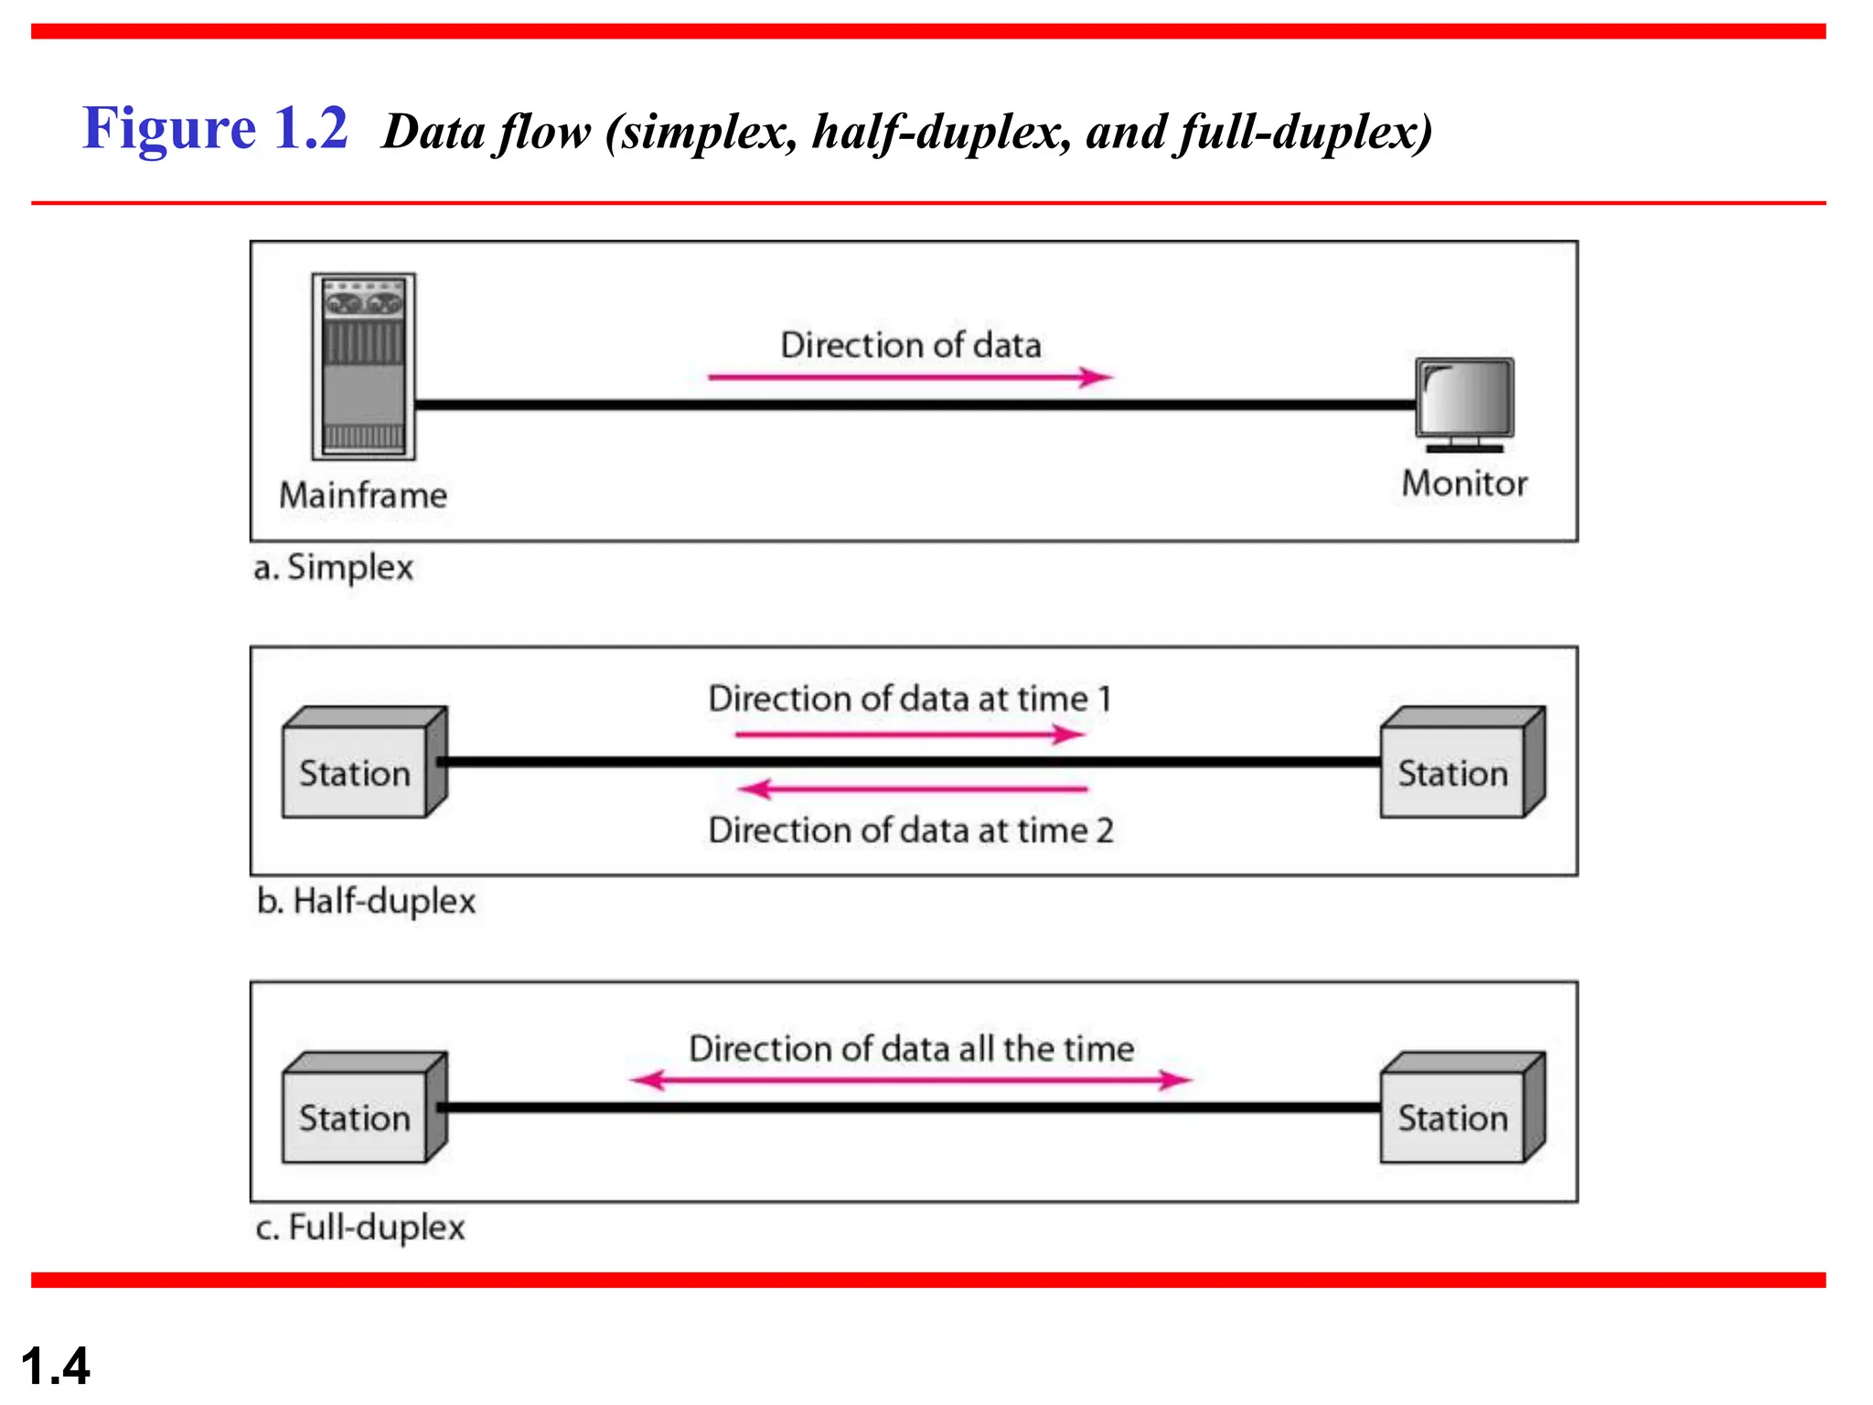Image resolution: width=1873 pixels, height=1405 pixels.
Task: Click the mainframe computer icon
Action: (x=363, y=366)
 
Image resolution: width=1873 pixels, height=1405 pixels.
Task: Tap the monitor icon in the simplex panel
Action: (x=1464, y=402)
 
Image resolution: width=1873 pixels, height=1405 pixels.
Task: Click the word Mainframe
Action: (x=363, y=496)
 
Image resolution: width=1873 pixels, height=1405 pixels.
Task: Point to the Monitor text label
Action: (x=1464, y=484)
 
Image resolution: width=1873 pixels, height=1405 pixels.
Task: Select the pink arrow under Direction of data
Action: (x=910, y=377)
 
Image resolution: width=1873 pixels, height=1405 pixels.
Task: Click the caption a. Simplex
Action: (x=333, y=568)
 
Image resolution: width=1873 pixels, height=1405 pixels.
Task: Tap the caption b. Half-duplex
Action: (x=366, y=902)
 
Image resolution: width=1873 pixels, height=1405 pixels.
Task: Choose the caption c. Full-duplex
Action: (x=360, y=1228)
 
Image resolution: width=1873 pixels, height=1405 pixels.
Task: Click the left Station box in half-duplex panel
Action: (x=363, y=764)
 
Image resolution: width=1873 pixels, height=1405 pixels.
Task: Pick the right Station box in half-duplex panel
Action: (x=1461, y=764)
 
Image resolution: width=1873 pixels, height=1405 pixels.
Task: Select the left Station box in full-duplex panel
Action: (x=363, y=1109)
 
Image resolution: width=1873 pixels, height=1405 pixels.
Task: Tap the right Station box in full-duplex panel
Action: (x=1461, y=1109)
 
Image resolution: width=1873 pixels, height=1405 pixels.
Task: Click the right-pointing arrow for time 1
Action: (x=910, y=735)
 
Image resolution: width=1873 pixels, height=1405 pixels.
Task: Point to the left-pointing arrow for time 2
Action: (x=912, y=788)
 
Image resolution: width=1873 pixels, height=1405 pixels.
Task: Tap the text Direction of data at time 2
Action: (x=911, y=831)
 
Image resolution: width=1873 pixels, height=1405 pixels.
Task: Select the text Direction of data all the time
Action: (x=911, y=1049)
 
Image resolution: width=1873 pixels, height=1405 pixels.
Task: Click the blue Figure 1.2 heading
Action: (x=216, y=128)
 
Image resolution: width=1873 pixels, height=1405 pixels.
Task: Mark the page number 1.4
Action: (x=55, y=1367)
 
